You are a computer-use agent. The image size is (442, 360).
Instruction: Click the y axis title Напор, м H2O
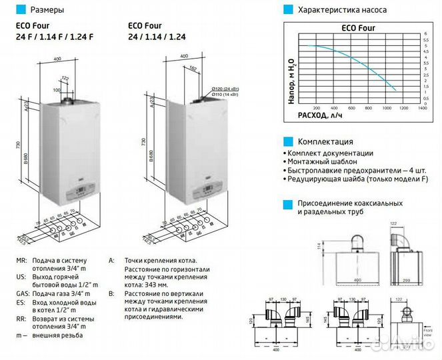[x=291, y=65]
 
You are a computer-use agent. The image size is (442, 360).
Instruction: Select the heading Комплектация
[x=325, y=141]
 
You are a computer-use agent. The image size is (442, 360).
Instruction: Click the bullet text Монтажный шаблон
[x=323, y=162]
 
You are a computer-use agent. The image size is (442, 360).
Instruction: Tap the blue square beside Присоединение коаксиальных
[x=287, y=203]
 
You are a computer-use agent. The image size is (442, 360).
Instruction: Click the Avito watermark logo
[x=403, y=345]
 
